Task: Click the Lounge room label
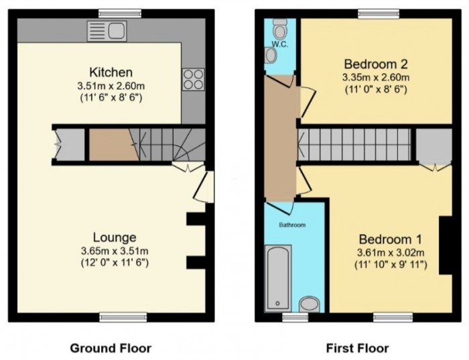[115, 237]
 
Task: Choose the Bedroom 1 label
[390, 239]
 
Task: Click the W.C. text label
[278, 45]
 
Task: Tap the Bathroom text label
[292, 225]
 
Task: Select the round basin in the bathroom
[309, 305]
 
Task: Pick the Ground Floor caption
[111, 348]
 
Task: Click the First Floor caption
[357, 348]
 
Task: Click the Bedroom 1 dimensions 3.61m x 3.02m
[390, 253]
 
